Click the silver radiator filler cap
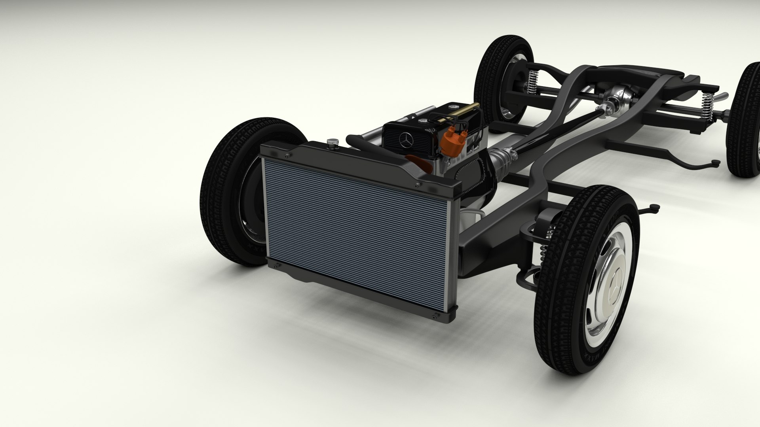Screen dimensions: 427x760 tap(332, 142)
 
